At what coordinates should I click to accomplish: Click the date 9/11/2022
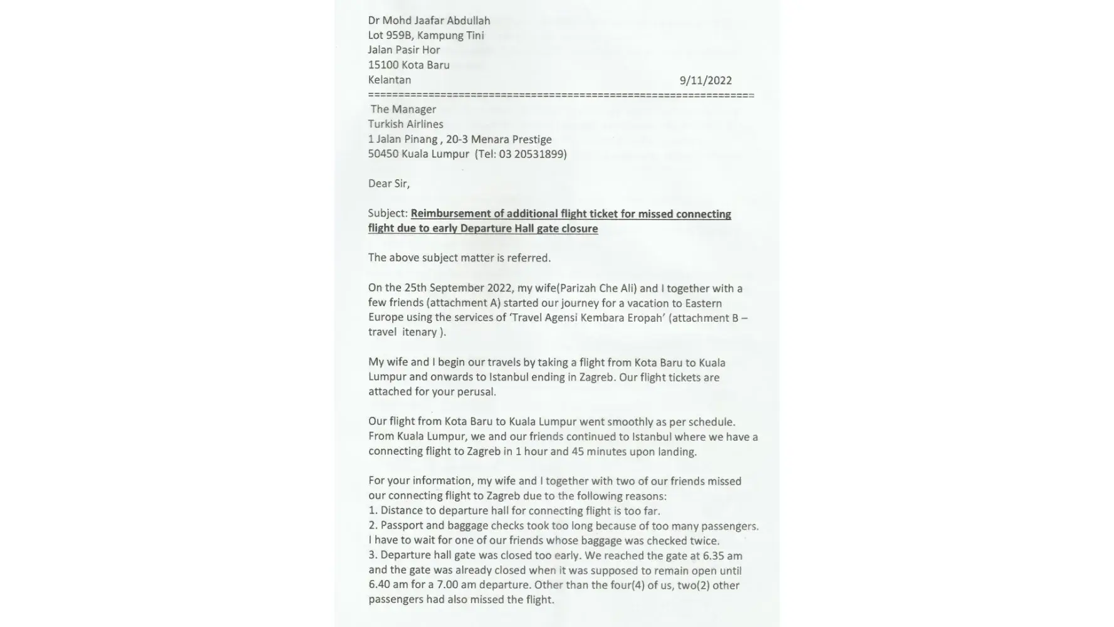(705, 80)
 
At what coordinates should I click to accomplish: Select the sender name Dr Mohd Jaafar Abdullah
(429, 21)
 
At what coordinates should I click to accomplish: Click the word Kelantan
(389, 80)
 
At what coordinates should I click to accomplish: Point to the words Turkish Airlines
(405, 124)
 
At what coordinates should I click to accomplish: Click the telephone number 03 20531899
(532, 154)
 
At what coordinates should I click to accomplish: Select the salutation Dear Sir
(388, 184)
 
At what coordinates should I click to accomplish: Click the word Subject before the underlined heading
(387, 214)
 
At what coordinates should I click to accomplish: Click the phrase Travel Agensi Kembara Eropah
(588, 317)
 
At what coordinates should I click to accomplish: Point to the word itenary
(420, 332)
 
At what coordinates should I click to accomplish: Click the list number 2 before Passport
(373, 526)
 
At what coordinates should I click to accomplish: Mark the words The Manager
(403, 109)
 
